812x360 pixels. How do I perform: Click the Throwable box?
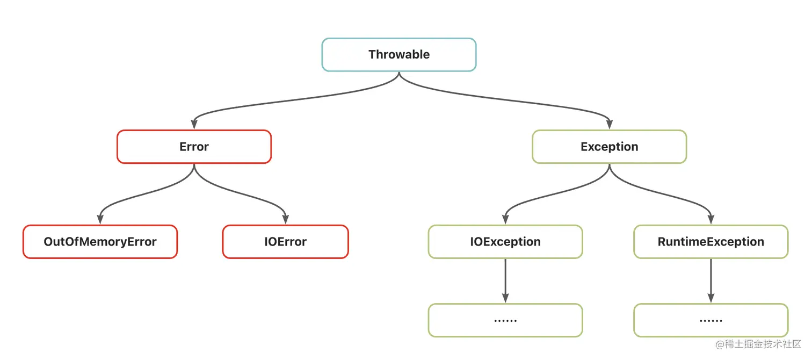[398, 55]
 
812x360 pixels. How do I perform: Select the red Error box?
[194, 147]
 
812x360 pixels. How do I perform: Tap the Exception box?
[610, 147]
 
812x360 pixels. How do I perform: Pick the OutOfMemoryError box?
[100, 242]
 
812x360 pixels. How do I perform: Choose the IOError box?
[285, 242]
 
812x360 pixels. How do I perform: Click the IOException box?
[505, 242]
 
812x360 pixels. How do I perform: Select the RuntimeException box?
[711, 242]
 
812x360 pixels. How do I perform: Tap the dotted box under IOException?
[505, 320]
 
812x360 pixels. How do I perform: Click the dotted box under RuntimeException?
[711, 320]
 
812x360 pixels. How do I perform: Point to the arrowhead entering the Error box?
[194, 124]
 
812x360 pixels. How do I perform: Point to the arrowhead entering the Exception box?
[610, 124]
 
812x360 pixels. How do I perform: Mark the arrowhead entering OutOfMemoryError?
[100, 219]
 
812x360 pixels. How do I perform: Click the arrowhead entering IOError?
[285, 219]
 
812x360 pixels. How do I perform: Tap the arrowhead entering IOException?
[505, 219]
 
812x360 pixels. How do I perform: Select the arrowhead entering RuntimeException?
[711, 219]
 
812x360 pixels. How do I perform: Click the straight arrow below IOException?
[505, 281]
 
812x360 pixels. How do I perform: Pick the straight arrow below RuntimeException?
[711, 281]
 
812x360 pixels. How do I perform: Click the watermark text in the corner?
[758, 344]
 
